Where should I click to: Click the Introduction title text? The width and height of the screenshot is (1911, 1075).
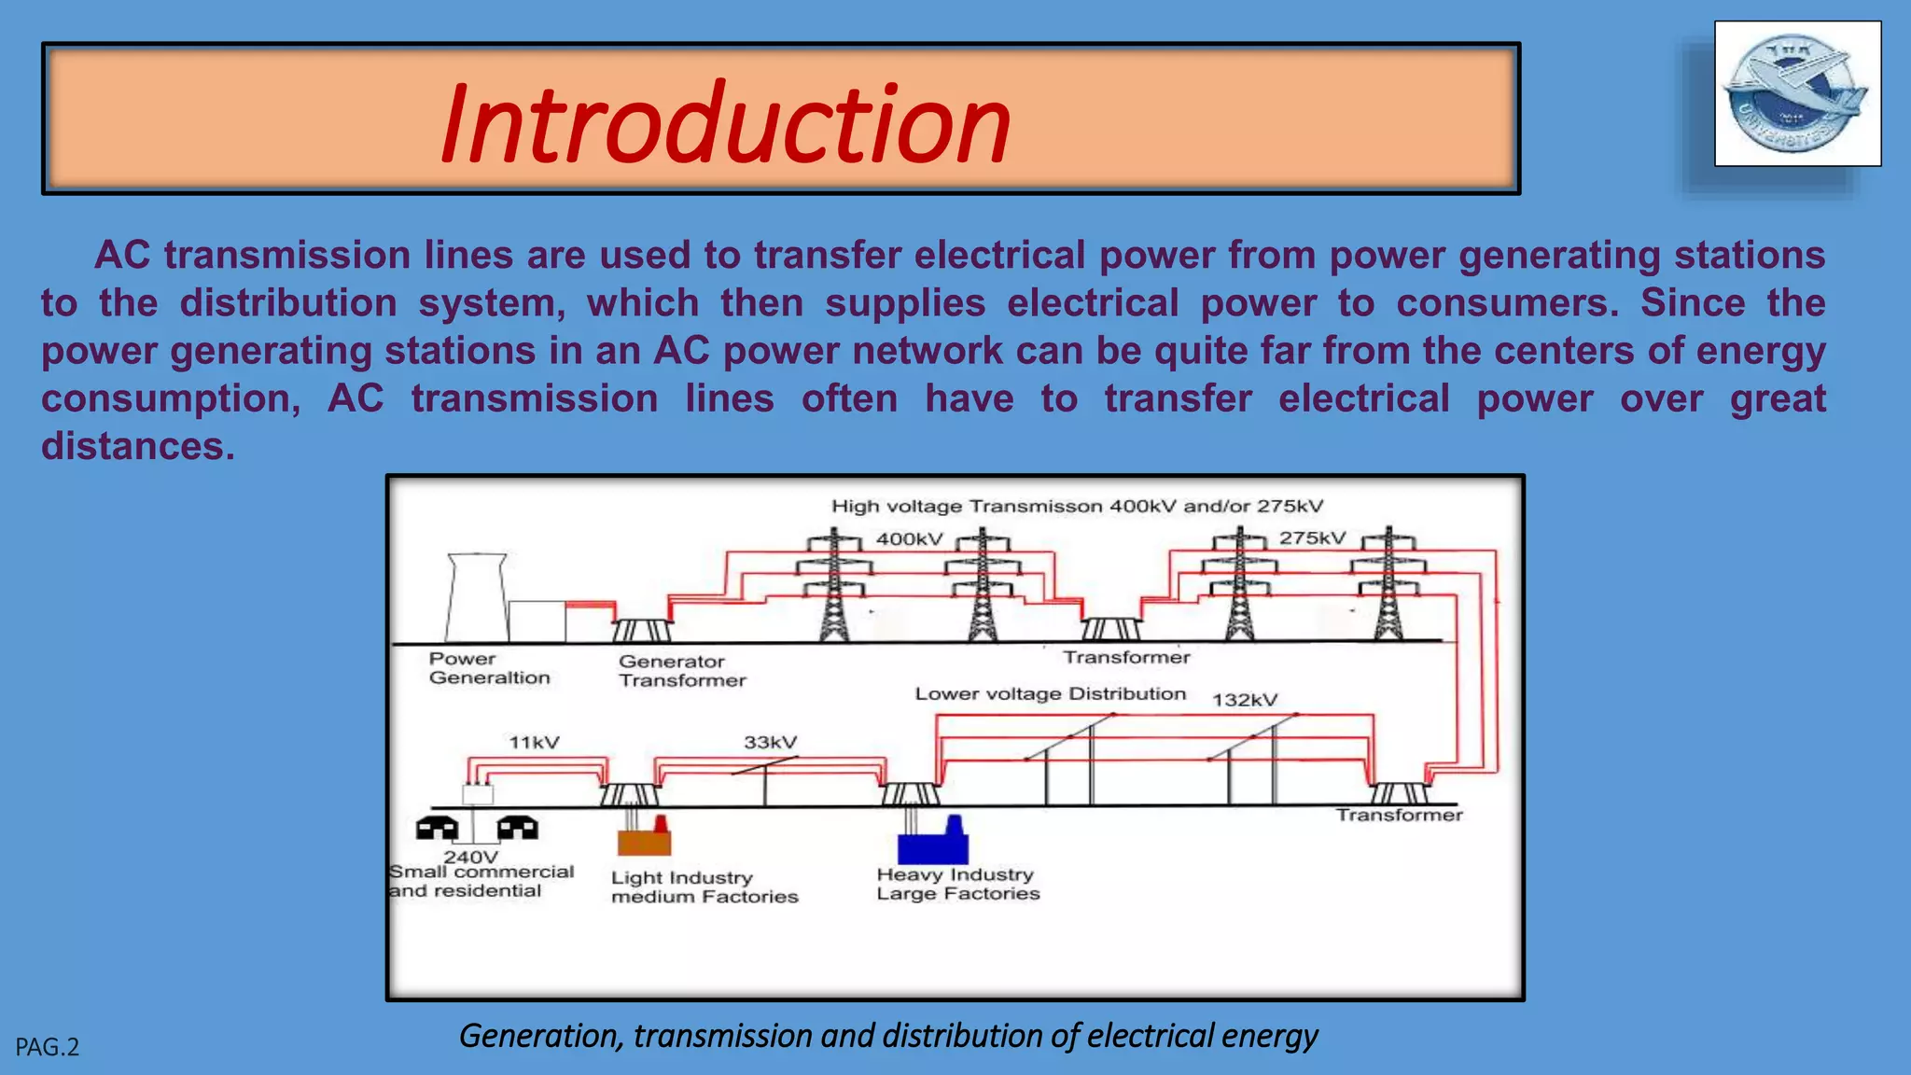726,123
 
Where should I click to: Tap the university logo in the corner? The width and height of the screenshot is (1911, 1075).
1797,93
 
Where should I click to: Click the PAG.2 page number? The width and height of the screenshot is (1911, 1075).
48,1047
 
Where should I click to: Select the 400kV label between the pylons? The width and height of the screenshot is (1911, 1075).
909,539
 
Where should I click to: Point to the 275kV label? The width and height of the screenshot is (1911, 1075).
1312,538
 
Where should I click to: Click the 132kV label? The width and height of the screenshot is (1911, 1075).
1245,700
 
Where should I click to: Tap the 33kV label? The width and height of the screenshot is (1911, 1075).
770,743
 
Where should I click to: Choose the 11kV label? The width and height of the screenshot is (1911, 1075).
534,743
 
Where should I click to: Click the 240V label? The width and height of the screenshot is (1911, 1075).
471,857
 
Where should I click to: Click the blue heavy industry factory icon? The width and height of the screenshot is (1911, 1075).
933,843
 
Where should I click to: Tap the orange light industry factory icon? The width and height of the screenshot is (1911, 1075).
644,838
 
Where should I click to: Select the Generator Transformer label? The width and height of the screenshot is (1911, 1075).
682,671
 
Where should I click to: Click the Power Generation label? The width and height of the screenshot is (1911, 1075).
489,668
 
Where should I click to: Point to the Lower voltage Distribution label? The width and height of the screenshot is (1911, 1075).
1050,694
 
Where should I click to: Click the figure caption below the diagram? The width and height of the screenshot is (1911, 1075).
888,1036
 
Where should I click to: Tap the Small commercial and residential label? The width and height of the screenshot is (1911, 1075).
481,881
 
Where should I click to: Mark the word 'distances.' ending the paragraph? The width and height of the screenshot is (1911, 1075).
138,446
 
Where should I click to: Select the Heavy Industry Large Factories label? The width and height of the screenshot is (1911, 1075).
957,884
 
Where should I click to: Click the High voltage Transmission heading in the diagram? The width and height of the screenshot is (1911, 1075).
1077,507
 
